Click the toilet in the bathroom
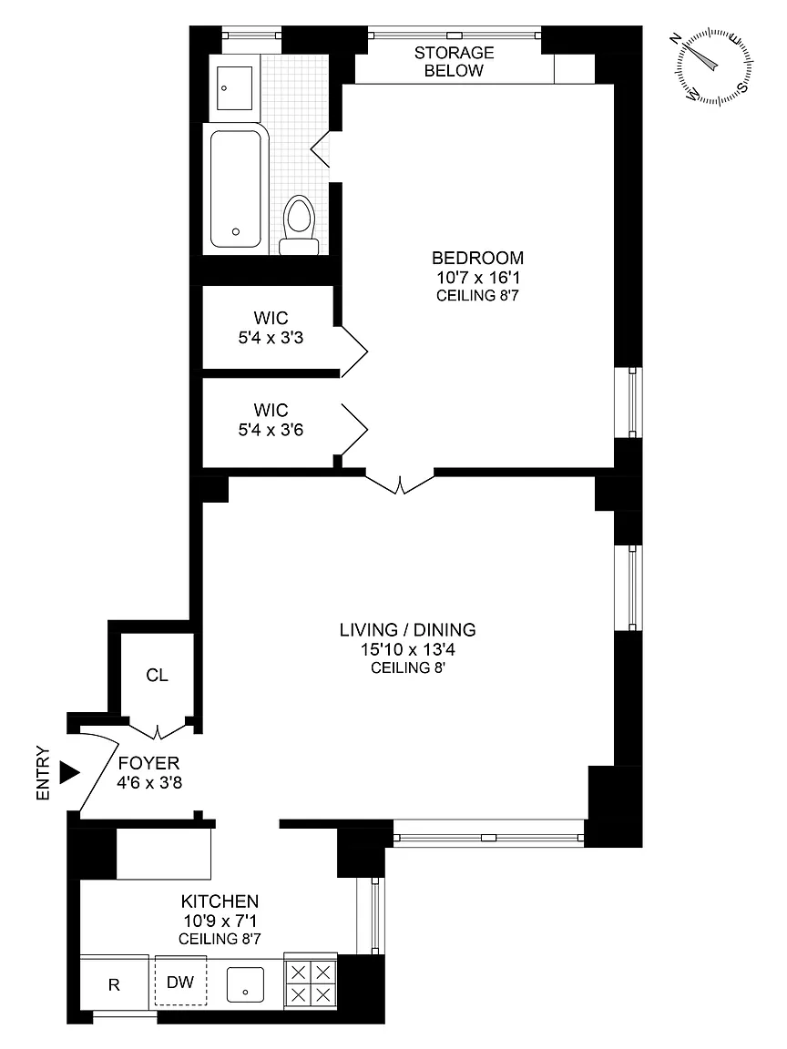pyautogui.click(x=299, y=225)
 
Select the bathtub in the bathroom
pyautogui.click(x=236, y=189)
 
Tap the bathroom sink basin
pyautogui.click(x=233, y=87)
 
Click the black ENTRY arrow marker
pyautogui.click(x=69, y=772)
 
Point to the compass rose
pyautogui.click(x=713, y=66)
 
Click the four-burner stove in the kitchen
pyautogui.click(x=311, y=983)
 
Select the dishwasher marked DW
pyautogui.click(x=180, y=982)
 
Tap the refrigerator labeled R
pyautogui.click(x=115, y=984)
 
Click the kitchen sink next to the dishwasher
pyautogui.click(x=245, y=984)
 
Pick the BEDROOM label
pyautogui.click(x=478, y=258)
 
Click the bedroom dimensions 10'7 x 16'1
pyautogui.click(x=478, y=277)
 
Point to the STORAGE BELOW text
pyautogui.click(x=454, y=62)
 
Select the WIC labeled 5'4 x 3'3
pyautogui.click(x=271, y=328)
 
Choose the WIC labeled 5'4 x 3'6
pyautogui.click(x=271, y=420)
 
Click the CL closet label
pyautogui.click(x=158, y=676)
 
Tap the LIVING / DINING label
pyautogui.click(x=407, y=629)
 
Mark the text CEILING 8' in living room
pyautogui.click(x=407, y=667)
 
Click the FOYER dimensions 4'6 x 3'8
pyautogui.click(x=149, y=782)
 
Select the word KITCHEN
pyautogui.click(x=220, y=901)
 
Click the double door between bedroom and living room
pyautogui.click(x=400, y=484)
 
